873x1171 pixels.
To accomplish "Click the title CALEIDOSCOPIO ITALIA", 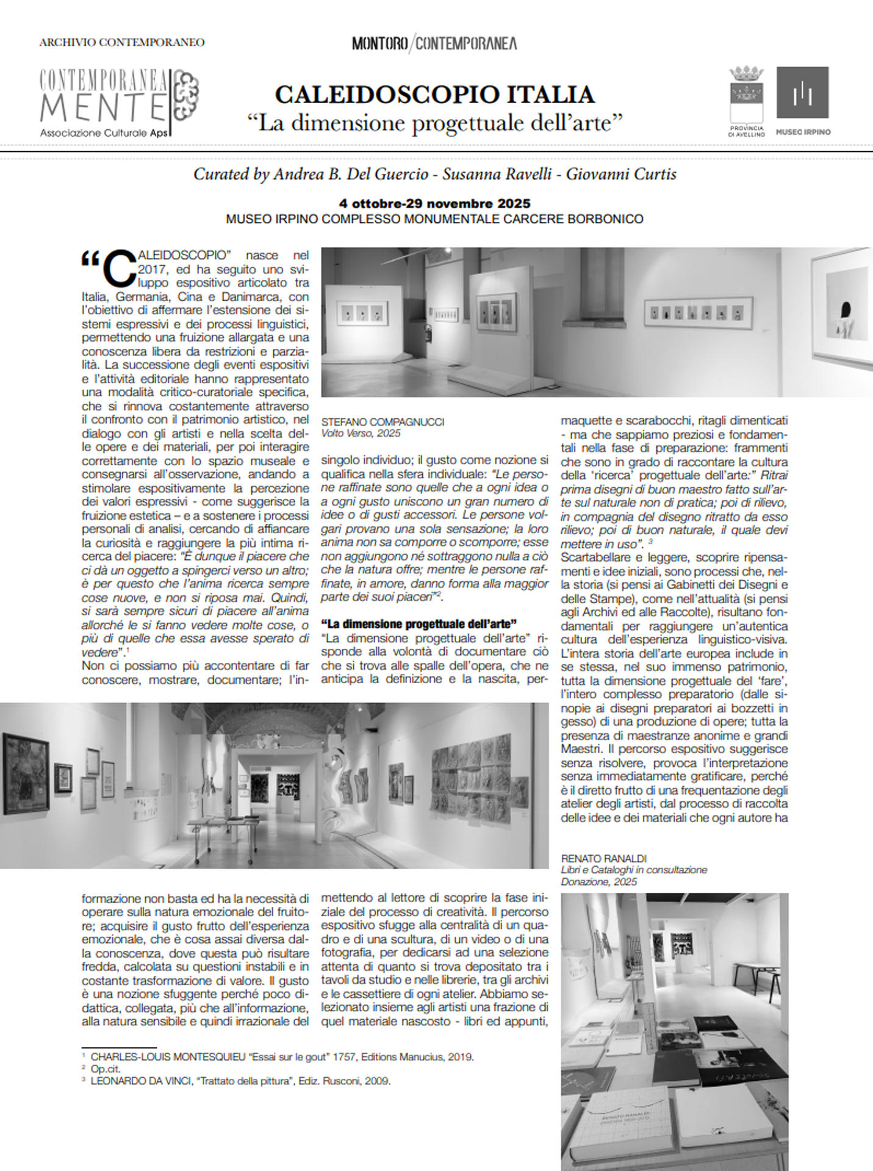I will coord(434,95).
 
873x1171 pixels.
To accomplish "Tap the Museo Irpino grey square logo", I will coord(802,93).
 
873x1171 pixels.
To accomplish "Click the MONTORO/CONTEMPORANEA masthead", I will coord(434,43).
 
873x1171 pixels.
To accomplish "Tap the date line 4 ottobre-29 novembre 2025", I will coord(434,204).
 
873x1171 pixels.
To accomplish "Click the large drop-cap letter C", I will coord(120,268).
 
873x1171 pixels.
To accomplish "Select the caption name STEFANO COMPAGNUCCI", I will coord(383,422).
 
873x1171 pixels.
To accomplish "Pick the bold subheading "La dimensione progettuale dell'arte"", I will coord(419,623).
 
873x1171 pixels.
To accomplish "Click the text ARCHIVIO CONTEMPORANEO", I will coord(121,43).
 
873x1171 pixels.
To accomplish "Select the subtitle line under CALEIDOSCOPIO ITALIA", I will coord(434,123).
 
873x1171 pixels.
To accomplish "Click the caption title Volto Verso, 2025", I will coord(361,434).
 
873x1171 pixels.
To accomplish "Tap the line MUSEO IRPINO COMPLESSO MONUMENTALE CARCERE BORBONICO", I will coord(434,218).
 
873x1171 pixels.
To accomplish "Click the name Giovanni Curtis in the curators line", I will coord(621,174).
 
